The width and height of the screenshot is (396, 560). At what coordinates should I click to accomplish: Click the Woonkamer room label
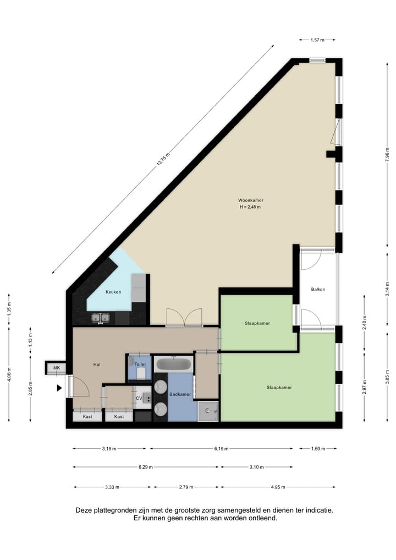tap(250, 200)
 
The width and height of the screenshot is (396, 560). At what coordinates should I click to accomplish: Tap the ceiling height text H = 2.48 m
tap(250, 207)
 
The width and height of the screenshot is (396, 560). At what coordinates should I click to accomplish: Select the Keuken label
tap(113, 292)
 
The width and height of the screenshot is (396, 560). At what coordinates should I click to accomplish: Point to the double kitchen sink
tap(100, 318)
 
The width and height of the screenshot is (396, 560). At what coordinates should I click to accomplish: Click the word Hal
tap(97, 364)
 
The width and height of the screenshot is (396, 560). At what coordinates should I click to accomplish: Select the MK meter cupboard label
tap(56, 368)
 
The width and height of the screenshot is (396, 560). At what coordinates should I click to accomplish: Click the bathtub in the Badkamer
tap(173, 365)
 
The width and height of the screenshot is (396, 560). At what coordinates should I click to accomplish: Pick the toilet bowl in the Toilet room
tap(141, 374)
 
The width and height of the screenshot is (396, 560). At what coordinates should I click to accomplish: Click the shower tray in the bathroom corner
tap(208, 410)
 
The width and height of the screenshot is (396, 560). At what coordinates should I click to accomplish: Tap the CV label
tap(139, 398)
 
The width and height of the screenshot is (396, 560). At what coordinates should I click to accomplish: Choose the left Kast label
tap(87, 417)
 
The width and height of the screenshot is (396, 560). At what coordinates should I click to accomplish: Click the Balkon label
tap(318, 289)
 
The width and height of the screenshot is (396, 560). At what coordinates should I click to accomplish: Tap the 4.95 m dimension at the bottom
tap(277, 487)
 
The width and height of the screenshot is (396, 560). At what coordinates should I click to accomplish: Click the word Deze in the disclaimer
tap(85, 510)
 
